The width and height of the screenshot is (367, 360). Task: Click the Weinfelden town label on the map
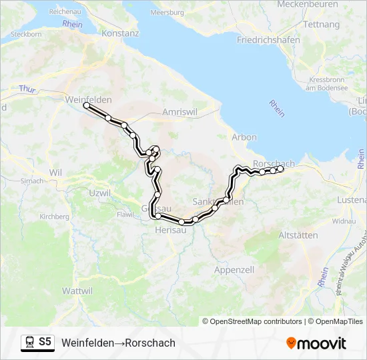(89, 99)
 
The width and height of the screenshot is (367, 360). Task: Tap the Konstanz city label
(120, 33)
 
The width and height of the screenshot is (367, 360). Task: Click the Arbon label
(244, 137)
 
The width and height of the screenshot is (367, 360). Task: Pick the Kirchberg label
(55, 217)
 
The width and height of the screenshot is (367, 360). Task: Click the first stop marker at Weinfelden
(86, 105)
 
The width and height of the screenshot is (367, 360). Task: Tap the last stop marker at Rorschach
(281, 169)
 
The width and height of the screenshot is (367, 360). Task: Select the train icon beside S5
(29, 342)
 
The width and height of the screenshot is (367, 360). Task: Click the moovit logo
(316, 343)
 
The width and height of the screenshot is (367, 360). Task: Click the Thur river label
(27, 89)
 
